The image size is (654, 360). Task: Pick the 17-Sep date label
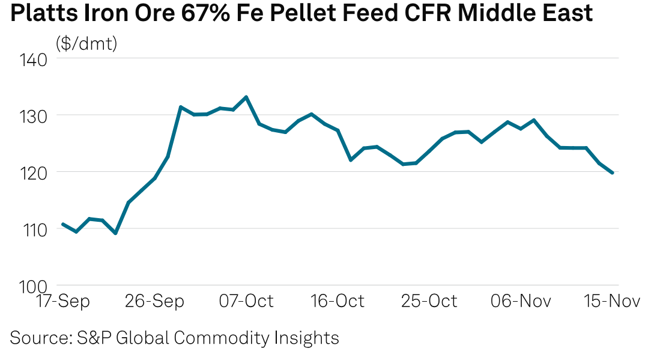pos(62,301)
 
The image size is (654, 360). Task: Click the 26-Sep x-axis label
pos(154,301)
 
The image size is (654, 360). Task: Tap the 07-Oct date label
pos(246,301)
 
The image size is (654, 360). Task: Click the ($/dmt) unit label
pos(86,43)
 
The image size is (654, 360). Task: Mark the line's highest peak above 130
pos(246,97)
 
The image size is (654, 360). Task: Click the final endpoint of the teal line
pos(612,172)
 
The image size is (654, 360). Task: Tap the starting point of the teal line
pos(62,224)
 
